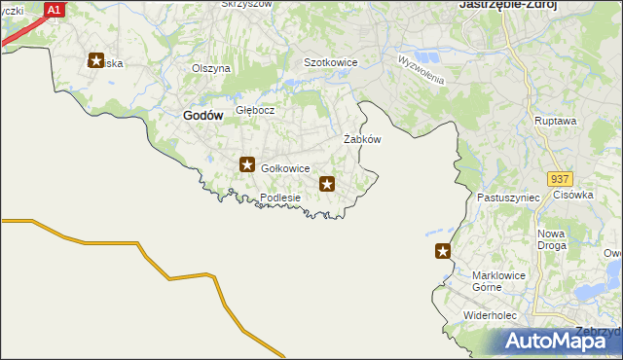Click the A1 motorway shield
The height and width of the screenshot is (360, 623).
coord(55,10)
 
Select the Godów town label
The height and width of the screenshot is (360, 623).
coord(202,115)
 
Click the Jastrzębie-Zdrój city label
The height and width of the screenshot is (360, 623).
coord(507,5)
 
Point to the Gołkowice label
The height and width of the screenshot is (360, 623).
coord(285,168)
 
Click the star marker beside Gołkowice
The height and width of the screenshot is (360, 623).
coord(248,165)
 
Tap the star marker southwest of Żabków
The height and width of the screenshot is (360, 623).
coord(328,183)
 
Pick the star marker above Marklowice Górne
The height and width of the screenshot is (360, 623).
coord(444,252)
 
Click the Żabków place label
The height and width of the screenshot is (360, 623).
coord(362,139)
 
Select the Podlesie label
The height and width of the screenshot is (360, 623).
coord(280,198)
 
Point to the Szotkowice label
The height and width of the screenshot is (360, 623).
coord(331,62)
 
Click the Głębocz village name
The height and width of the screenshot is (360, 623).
coord(255,110)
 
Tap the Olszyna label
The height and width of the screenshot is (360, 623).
coord(211,68)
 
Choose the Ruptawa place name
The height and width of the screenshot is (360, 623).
coord(556,121)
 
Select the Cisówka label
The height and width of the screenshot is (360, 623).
coord(573,195)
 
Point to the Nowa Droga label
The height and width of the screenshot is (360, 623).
coord(551,240)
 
